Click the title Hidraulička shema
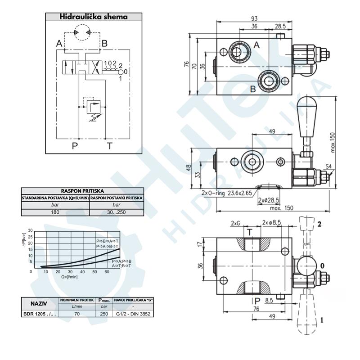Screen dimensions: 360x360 point(94,17)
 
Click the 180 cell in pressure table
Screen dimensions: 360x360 point(55,212)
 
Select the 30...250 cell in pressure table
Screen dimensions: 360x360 point(117,212)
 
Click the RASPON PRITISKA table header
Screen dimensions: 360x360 point(82,191)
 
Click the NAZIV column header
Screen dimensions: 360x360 point(40,303)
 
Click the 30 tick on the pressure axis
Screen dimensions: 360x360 point(31,231)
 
